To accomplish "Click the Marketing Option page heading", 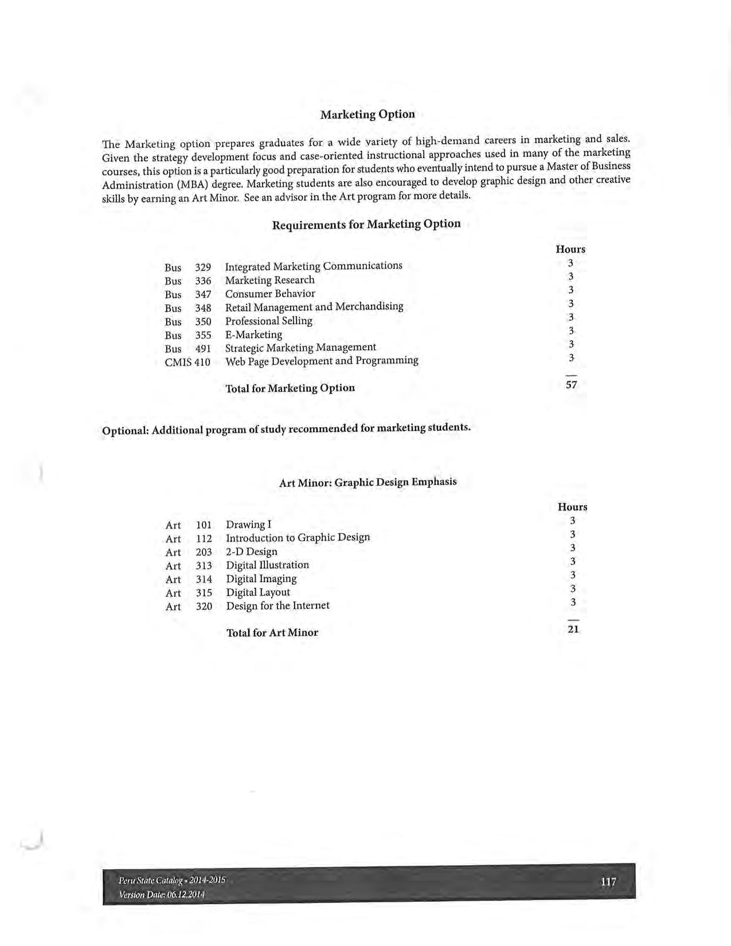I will tap(368, 114).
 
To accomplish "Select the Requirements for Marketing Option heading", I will tap(366, 224).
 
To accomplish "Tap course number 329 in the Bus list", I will tap(203, 267).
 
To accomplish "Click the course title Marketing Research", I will tap(269, 280).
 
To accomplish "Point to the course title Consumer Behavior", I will tap(270, 294).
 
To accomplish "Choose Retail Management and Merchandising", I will tap(314, 307).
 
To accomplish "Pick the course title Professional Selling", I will tap(268, 321).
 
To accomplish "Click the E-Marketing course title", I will tap(253, 335).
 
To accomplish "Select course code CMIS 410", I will tap(187, 362).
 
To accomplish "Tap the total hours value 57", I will tap(571, 385).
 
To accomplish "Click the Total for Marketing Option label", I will tap(290, 388).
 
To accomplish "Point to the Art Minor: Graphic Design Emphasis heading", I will tap(368, 482).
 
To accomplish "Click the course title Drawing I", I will tap(248, 525).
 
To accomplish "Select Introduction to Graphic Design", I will tap(298, 538).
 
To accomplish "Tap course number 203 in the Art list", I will tap(204, 552).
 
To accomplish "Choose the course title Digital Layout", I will tap(257, 592).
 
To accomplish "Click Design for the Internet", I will tap(277, 606).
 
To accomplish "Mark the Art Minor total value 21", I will tap(573, 629).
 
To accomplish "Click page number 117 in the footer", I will tap(608, 882).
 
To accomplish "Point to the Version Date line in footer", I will tap(162, 895).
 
